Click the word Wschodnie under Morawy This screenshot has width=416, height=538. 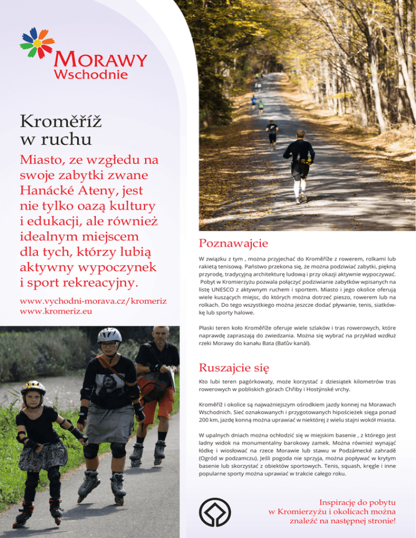(90, 74)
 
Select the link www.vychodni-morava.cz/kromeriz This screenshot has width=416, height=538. (93, 301)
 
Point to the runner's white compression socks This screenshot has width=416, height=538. (297, 188)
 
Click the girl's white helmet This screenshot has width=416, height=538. (33, 386)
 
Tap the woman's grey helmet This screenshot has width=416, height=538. (109, 334)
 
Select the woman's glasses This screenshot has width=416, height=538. (109, 344)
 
